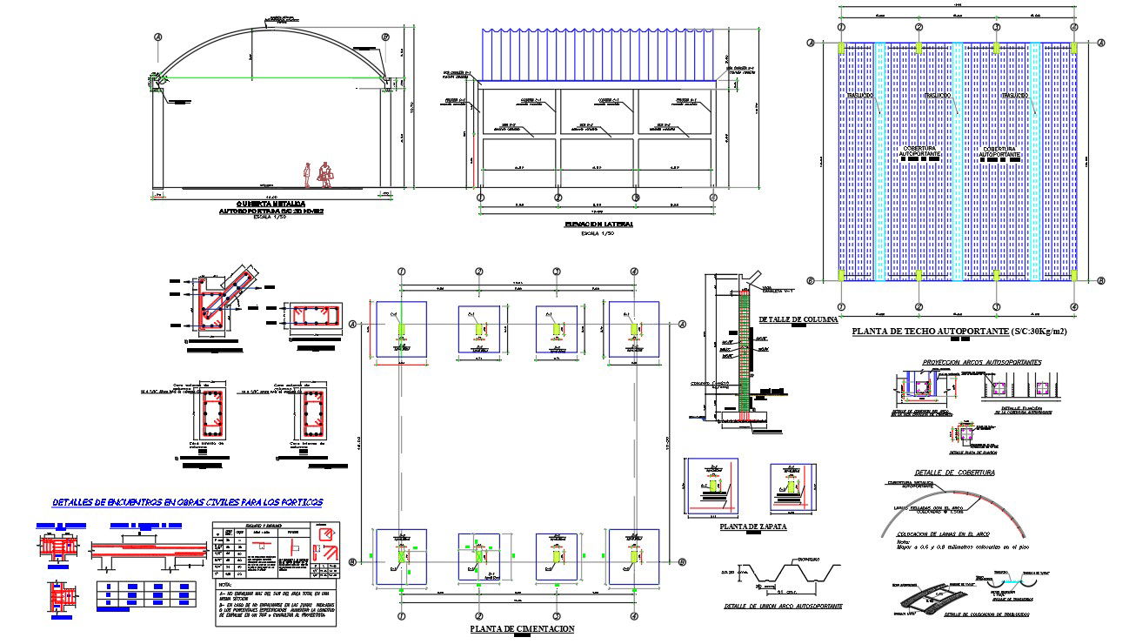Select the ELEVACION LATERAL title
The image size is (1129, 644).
pyautogui.click(x=599, y=225)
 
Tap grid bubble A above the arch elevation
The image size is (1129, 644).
pyautogui.click(x=158, y=37)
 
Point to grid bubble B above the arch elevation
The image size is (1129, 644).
pyautogui.click(x=385, y=37)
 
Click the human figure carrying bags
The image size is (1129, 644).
pyautogui.click(x=326, y=174)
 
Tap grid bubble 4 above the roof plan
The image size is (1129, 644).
pyautogui.click(x=1073, y=27)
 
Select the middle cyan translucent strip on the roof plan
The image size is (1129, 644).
pyautogui.click(x=958, y=161)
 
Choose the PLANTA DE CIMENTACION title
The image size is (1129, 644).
pyautogui.click(x=522, y=628)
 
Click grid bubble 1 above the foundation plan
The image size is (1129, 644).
pyautogui.click(x=402, y=272)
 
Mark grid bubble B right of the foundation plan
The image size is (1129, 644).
pyautogui.click(x=682, y=562)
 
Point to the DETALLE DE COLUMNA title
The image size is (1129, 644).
pyautogui.click(x=798, y=319)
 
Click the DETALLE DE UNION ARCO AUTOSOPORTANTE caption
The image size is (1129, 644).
pyautogui.click(x=783, y=605)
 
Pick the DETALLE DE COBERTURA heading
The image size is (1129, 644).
pyautogui.click(x=954, y=472)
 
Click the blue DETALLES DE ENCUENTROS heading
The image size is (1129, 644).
pyautogui.click(x=187, y=502)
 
